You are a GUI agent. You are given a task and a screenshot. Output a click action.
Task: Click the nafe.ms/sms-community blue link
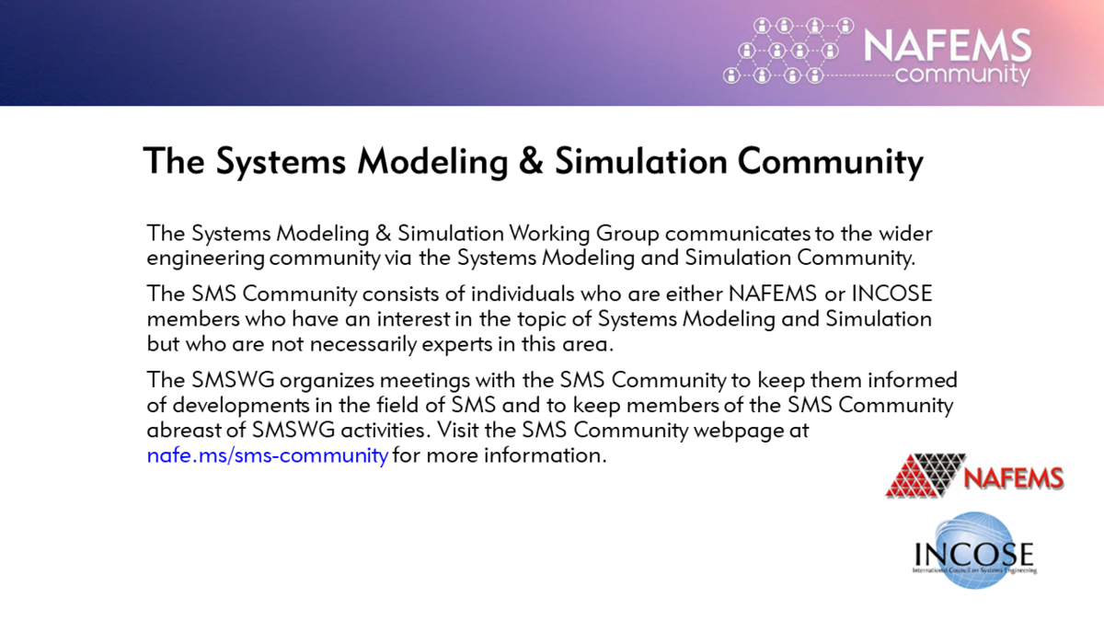[x=267, y=455]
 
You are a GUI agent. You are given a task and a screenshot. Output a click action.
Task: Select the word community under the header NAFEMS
[x=961, y=74]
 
